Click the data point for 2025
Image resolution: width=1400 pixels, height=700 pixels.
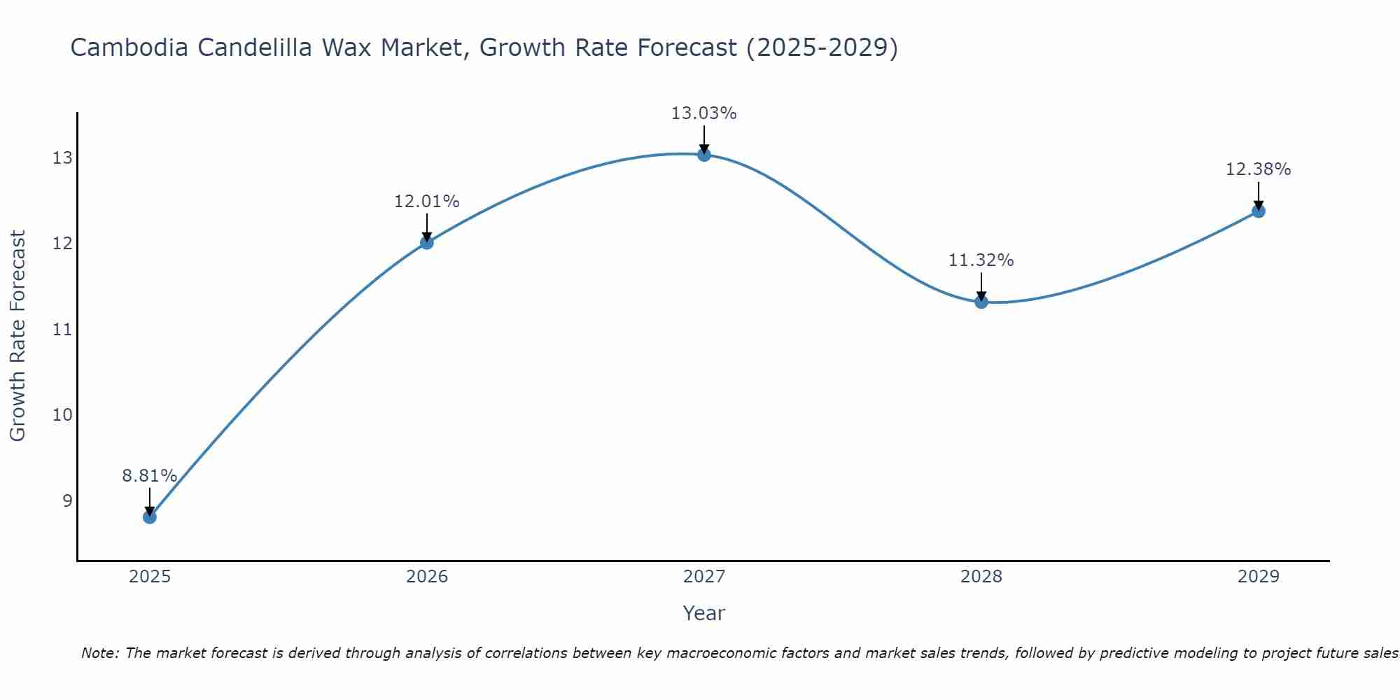149,517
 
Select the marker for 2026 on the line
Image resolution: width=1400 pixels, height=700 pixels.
426,242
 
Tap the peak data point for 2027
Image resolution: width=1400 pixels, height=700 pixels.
703,155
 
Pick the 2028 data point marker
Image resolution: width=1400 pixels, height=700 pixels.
981,302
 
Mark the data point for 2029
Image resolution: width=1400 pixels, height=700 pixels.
1258,211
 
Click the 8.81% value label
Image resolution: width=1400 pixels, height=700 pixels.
149,476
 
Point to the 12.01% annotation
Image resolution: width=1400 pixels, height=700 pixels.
426,202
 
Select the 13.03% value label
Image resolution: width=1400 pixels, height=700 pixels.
703,113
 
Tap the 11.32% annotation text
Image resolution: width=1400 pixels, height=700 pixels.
981,260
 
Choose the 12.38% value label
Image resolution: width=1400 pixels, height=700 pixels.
1258,169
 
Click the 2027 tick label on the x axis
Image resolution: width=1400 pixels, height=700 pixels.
703,577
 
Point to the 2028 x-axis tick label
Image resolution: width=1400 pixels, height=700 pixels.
981,577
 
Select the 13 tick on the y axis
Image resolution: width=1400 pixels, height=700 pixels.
62,157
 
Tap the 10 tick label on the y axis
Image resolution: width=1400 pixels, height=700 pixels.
62,415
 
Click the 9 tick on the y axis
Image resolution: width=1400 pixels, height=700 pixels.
67,500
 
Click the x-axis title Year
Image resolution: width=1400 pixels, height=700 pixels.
703,613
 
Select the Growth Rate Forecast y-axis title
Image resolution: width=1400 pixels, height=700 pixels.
18,336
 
